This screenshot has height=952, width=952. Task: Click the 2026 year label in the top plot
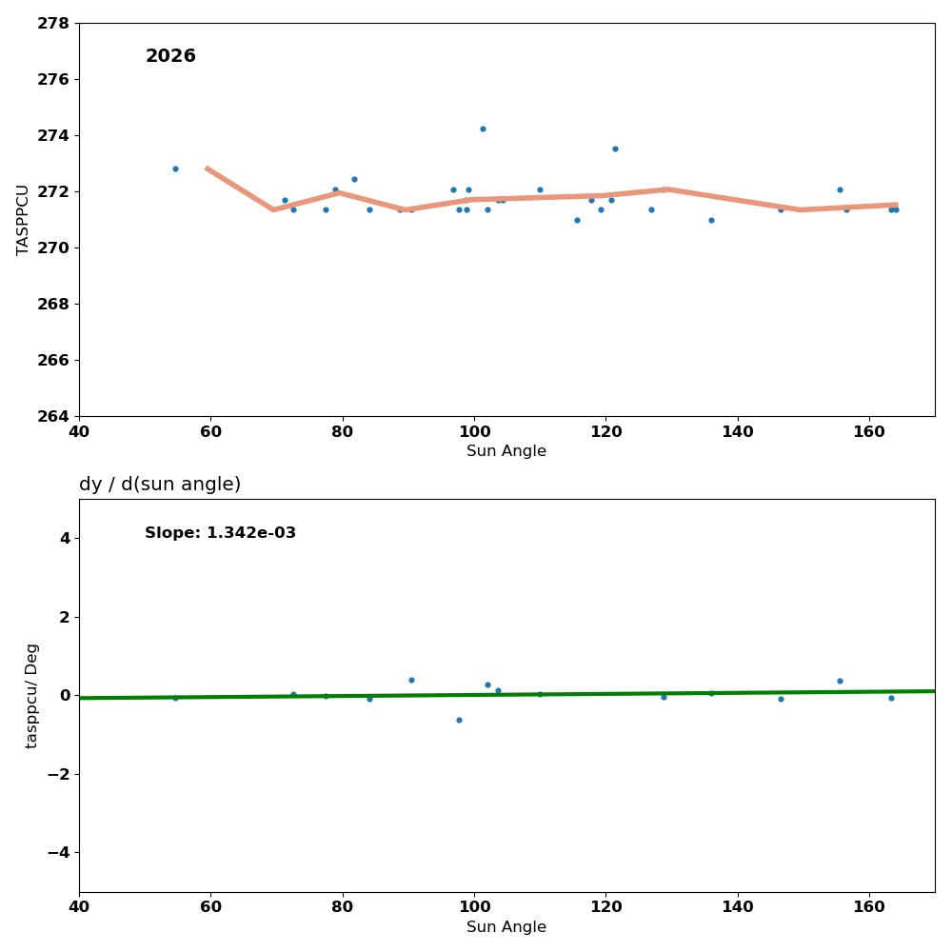[170, 56]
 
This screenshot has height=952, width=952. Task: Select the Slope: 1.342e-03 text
[220, 533]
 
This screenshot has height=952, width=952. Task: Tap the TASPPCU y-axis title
[24, 219]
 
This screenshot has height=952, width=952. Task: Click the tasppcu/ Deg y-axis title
[32, 696]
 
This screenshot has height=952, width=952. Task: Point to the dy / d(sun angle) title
[160, 485]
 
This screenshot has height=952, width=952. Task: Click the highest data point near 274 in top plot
[483, 129]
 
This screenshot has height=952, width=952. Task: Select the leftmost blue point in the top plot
[175, 169]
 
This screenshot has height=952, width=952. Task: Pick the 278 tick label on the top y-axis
[53, 23]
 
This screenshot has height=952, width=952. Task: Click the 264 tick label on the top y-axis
[53, 416]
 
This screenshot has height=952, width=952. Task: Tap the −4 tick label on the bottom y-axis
[58, 852]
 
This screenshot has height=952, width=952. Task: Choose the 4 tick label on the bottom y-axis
[65, 538]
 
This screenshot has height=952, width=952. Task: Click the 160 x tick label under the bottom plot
[869, 906]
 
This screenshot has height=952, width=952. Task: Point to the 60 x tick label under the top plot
[210, 430]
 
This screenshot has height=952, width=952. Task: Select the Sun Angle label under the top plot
[506, 451]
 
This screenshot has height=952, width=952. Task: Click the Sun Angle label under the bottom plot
[506, 927]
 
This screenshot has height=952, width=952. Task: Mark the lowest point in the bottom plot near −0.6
[459, 720]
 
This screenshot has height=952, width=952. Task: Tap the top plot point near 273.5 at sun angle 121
[615, 149]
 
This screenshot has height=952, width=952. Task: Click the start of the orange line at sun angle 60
[208, 168]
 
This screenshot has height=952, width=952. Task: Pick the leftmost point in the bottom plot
[175, 698]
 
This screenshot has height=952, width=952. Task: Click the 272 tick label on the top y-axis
[53, 191]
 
